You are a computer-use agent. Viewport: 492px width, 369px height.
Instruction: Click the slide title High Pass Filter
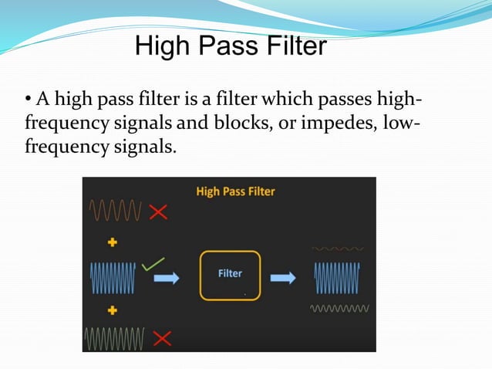(x=231, y=47)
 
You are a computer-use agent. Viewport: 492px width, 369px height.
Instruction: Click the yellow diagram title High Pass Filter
(x=235, y=191)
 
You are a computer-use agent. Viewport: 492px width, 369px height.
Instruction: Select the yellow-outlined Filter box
(x=230, y=274)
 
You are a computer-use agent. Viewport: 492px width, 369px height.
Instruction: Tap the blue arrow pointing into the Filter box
(x=166, y=277)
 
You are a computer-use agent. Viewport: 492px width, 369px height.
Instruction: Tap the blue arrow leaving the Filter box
(x=282, y=277)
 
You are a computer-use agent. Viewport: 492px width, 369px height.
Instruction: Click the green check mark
(x=153, y=263)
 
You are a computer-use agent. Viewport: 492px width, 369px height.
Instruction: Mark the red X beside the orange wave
(x=159, y=212)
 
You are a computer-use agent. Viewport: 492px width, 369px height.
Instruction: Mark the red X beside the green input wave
(x=162, y=337)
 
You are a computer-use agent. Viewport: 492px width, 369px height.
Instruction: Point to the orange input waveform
(x=116, y=210)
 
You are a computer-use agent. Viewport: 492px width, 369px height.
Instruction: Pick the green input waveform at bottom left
(x=114, y=337)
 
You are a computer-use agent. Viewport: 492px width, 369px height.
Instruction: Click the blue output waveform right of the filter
(x=337, y=276)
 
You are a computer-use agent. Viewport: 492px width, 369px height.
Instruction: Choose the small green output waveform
(x=339, y=308)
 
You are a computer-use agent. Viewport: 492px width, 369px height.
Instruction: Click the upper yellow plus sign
(x=113, y=242)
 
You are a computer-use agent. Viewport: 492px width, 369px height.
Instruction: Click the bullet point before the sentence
(x=28, y=100)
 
